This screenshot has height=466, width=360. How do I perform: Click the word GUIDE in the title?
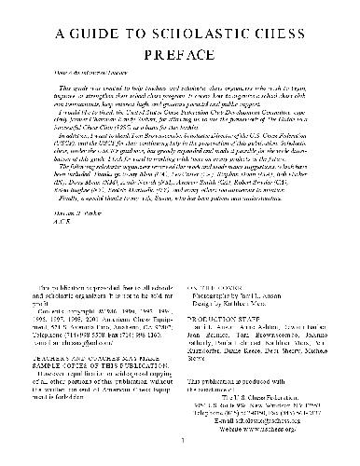(x=89, y=34)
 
